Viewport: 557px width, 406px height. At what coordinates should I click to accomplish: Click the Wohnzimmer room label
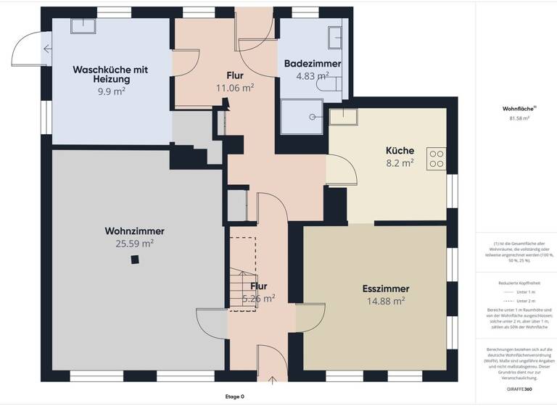[x=134, y=231]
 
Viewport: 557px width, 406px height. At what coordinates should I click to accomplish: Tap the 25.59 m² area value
[x=134, y=244]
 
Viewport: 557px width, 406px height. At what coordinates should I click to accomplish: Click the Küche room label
[x=399, y=151]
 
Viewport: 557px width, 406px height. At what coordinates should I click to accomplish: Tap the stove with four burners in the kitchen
[x=436, y=158]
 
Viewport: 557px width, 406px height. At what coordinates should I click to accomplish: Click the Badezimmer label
[x=312, y=63]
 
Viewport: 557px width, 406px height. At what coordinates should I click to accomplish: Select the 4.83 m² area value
[x=312, y=75]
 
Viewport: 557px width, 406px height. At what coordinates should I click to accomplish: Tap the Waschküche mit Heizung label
[x=111, y=74]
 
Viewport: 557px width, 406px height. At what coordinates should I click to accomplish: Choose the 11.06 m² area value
[x=234, y=88]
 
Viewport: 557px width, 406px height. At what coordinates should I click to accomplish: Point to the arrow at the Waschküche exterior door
[x=47, y=49]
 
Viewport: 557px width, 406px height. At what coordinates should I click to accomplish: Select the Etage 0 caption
[x=235, y=397]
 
